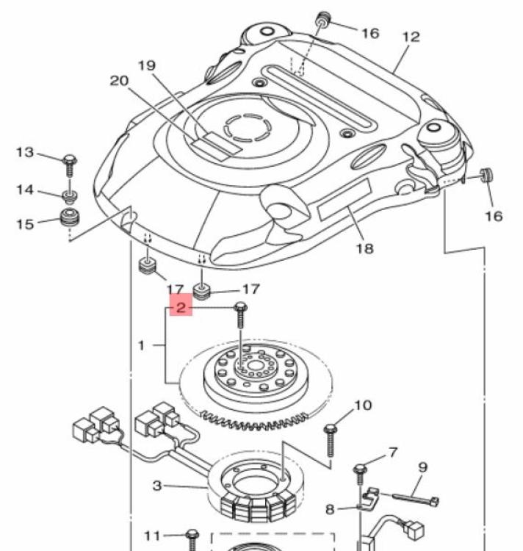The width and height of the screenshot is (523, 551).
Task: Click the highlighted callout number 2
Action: [x=181, y=308]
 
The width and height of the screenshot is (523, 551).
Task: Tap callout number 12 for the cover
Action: [x=411, y=37]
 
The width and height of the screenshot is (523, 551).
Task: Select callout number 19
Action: [x=147, y=65]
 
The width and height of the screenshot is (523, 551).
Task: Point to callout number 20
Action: [x=120, y=81]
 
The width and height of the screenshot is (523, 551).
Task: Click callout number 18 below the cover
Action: [x=364, y=249]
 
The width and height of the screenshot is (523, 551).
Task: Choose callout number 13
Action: [x=25, y=153]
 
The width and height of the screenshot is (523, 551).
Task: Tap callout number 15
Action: [x=25, y=224]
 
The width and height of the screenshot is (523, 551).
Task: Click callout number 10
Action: [x=363, y=405]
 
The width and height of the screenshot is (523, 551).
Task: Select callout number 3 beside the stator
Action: [x=157, y=486]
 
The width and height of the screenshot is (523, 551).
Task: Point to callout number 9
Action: [x=423, y=467]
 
